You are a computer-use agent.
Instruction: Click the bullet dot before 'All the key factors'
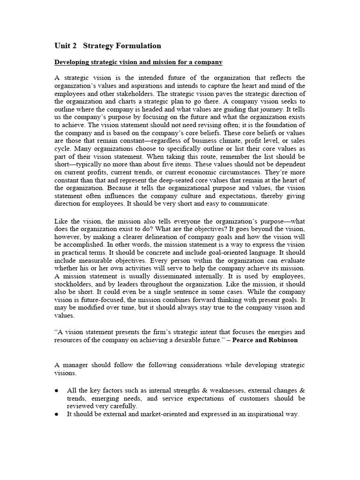57,390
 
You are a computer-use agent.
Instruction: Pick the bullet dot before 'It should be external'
57,414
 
